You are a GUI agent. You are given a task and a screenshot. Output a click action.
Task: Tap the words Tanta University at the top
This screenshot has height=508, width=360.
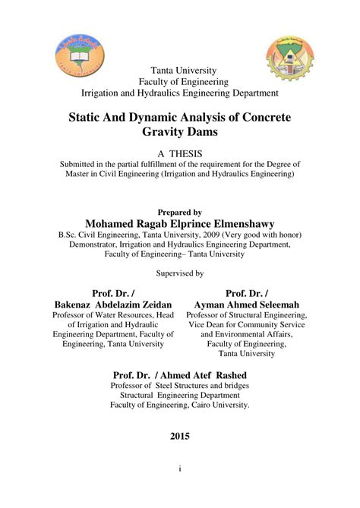[179, 70]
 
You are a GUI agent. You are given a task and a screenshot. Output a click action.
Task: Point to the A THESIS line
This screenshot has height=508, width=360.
[179, 153]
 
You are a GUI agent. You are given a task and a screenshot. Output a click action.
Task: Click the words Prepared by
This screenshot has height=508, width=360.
[179, 213]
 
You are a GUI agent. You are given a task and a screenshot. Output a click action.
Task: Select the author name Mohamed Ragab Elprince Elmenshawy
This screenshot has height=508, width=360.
[179, 225]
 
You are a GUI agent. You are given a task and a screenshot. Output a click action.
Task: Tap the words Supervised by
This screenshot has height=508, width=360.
[179, 272]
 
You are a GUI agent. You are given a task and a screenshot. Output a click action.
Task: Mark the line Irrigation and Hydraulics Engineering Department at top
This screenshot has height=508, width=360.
[179, 93]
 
